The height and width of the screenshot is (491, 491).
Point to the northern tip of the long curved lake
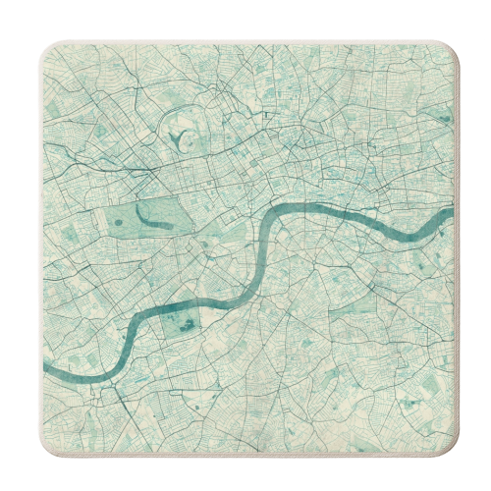point(140,204)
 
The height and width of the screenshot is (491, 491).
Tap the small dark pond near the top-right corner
point(445,120)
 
